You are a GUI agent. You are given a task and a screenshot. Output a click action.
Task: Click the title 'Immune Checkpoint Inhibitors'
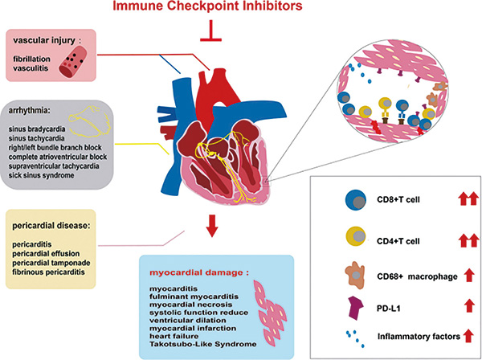coord(207,6)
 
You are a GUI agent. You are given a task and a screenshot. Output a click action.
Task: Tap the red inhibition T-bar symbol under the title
coord(210,31)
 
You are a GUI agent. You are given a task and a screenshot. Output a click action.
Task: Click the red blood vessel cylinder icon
coord(73,63)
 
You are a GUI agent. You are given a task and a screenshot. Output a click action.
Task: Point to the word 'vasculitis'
coord(31,68)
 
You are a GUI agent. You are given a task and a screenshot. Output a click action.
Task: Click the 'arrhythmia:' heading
coord(29,111)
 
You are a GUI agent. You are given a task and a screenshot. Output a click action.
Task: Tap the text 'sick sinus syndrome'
coord(41,175)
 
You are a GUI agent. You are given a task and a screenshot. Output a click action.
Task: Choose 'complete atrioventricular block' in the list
coord(58,157)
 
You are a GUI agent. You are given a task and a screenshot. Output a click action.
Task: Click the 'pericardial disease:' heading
coord(51,226)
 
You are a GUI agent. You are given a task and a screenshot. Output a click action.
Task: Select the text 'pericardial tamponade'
coord(51,263)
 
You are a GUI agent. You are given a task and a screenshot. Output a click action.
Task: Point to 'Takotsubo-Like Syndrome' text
coord(203,344)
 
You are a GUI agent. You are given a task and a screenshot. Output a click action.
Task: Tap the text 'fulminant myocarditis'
coord(194,297)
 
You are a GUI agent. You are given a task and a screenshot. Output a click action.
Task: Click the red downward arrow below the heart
coord(211,226)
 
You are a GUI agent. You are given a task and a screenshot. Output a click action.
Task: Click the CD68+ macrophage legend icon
coord(356,275)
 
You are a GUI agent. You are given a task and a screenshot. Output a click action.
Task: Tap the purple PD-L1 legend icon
coord(356,308)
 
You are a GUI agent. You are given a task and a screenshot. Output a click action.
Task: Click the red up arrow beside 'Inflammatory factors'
coord(468,335)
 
